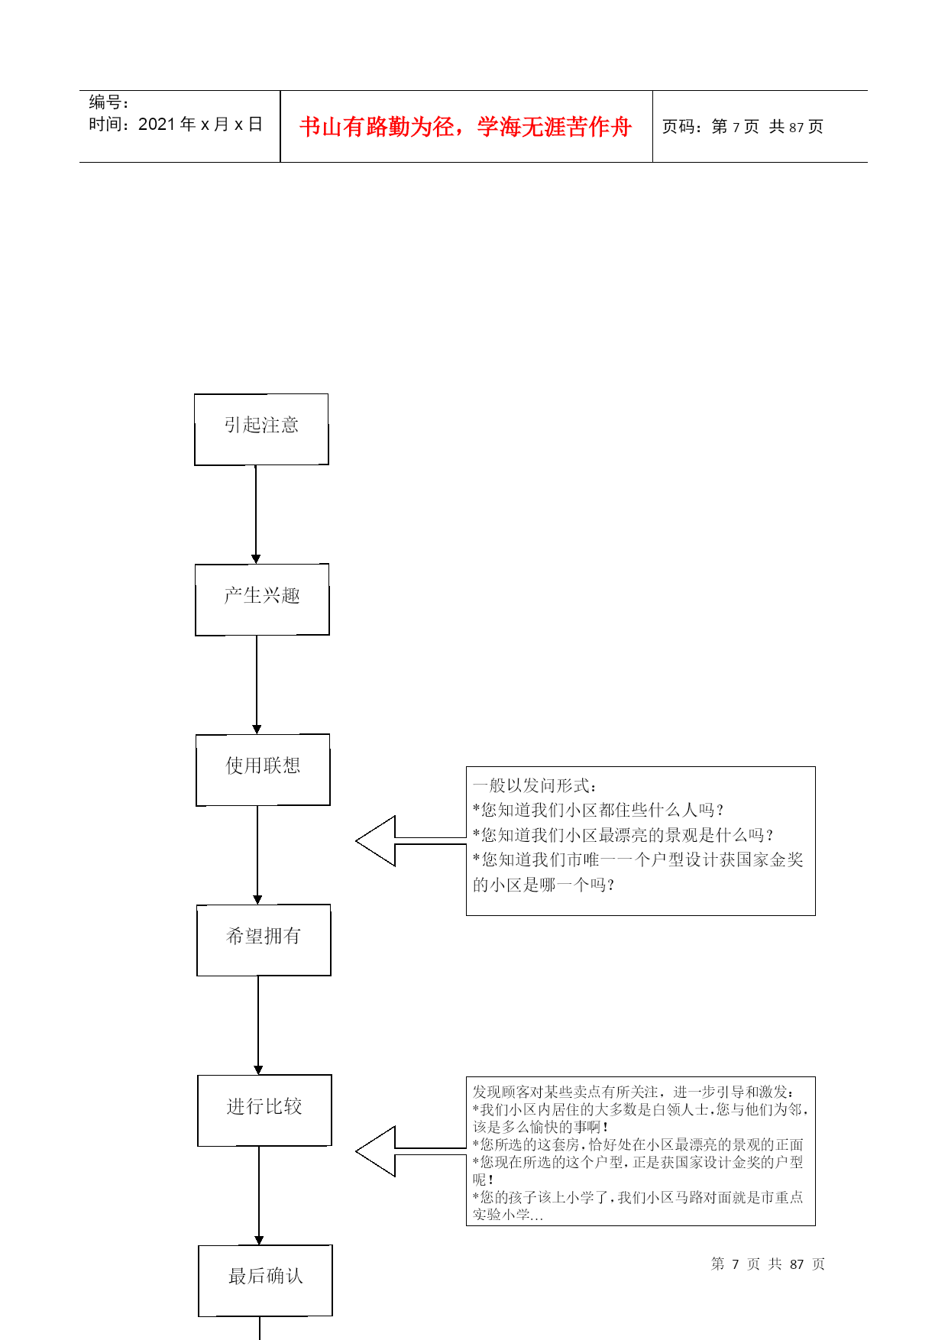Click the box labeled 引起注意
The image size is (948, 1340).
coord(261,429)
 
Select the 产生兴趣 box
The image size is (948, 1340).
coord(262,599)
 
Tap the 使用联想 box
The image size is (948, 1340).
coord(263,769)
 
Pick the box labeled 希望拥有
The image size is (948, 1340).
coord(264,940)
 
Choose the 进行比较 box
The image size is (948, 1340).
coord(264,1110)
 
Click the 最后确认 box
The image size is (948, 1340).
coord(265,1280)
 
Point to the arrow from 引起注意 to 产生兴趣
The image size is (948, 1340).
coord(256,513)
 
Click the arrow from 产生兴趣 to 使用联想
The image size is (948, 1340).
coord(257,684)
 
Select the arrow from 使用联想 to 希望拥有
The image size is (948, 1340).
coord(257,854)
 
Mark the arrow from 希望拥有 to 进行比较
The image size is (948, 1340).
coord(258,1024)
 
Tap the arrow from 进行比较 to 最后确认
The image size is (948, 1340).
coord(259,1195)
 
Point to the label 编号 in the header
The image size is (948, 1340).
coord(108,102)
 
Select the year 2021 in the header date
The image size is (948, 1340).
coord(157,125)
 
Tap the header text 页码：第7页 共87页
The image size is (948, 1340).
coord(742,127)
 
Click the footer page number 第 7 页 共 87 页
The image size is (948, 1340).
coord(768,1264)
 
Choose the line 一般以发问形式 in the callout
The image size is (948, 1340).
coord(535,785)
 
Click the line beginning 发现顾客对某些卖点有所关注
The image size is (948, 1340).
coord(633,1092)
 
